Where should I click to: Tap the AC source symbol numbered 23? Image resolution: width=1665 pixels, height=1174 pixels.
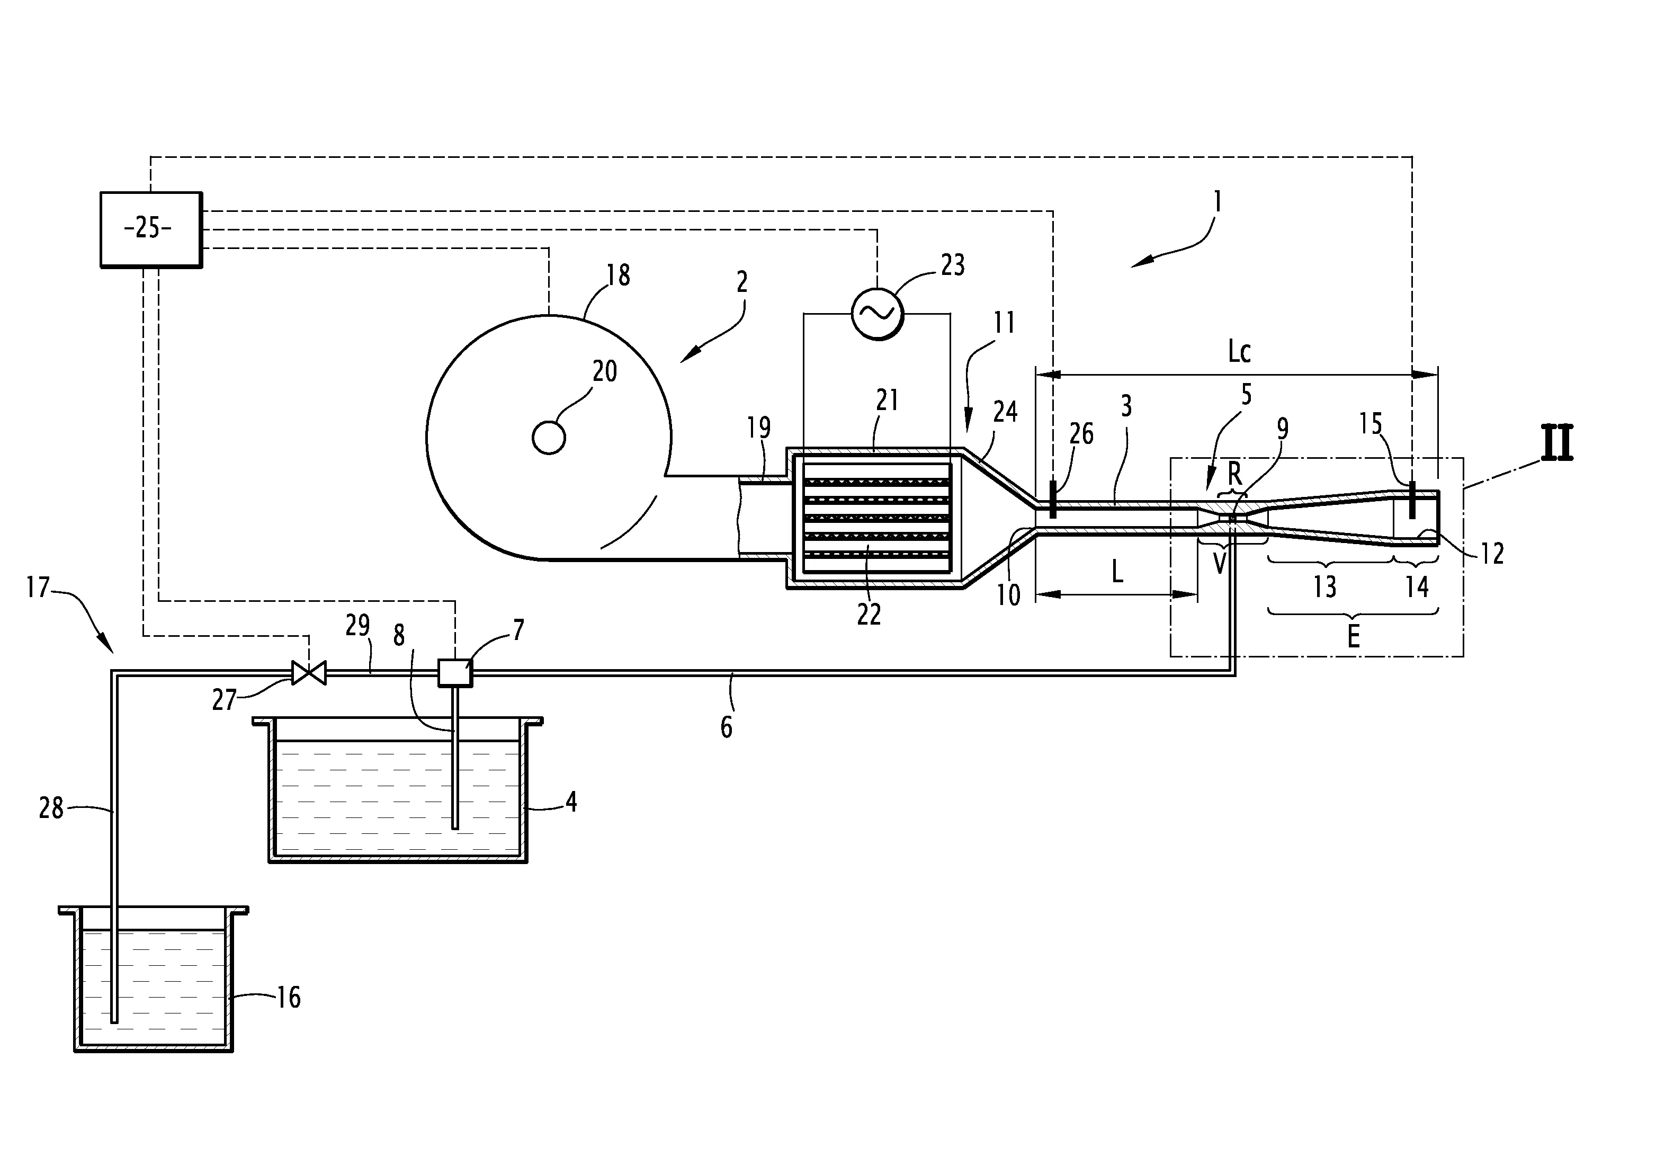[878, 313]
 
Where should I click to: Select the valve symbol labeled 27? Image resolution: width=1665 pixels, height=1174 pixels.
[308, 673]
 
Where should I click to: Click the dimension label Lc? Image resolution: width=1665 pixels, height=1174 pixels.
[1239, 351]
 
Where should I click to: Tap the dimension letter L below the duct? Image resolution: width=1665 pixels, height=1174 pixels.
[1117, 573]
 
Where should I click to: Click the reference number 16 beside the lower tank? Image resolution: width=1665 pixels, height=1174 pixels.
[289, 997]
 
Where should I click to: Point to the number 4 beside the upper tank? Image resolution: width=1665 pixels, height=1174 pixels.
[571, 802]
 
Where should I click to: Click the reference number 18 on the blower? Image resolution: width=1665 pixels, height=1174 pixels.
[618, 275]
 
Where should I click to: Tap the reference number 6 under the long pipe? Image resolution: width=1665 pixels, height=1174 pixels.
[727, 726]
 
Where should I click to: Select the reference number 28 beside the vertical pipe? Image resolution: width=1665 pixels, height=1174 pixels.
[51, 807]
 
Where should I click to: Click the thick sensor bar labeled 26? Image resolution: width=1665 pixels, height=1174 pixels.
[1052, 501]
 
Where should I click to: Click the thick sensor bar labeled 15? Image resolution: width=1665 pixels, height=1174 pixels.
[1411, 500]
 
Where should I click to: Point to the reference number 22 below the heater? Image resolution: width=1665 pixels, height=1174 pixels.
[869, 614]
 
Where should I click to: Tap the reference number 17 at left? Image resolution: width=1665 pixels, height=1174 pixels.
[38, 586]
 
